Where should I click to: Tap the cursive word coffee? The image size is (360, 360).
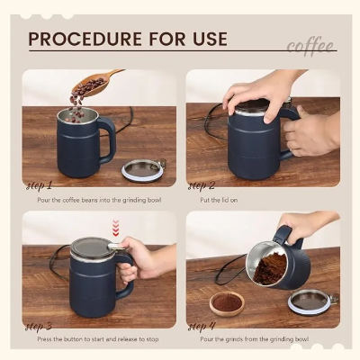tap(310, 46)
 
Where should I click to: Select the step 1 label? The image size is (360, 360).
tap(40, 185)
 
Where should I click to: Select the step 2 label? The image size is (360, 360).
tap(202, 185)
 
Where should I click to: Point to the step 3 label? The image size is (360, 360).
tap(40, 326)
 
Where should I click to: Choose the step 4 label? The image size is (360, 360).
tap(202, 326)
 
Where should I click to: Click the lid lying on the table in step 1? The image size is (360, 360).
tap(144, 168)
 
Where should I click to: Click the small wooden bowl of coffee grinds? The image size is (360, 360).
tap(226, 303)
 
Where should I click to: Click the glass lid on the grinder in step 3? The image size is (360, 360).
tap(90, 245)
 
